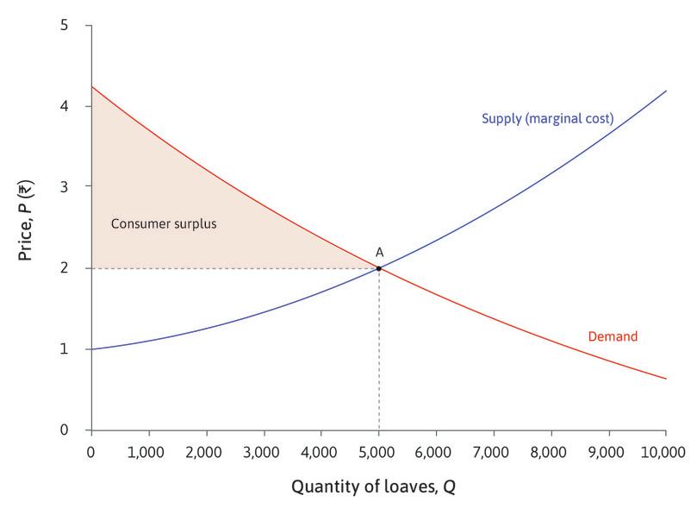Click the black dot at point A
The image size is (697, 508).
(378, 268)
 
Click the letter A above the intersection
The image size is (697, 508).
(378, 252)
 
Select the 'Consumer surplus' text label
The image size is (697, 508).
(164, 223)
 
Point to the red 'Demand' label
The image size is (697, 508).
(612, 336)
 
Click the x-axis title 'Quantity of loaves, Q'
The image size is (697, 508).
(373, 486)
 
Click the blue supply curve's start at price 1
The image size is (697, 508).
(92, 348)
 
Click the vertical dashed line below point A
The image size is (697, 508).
(378, 354)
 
